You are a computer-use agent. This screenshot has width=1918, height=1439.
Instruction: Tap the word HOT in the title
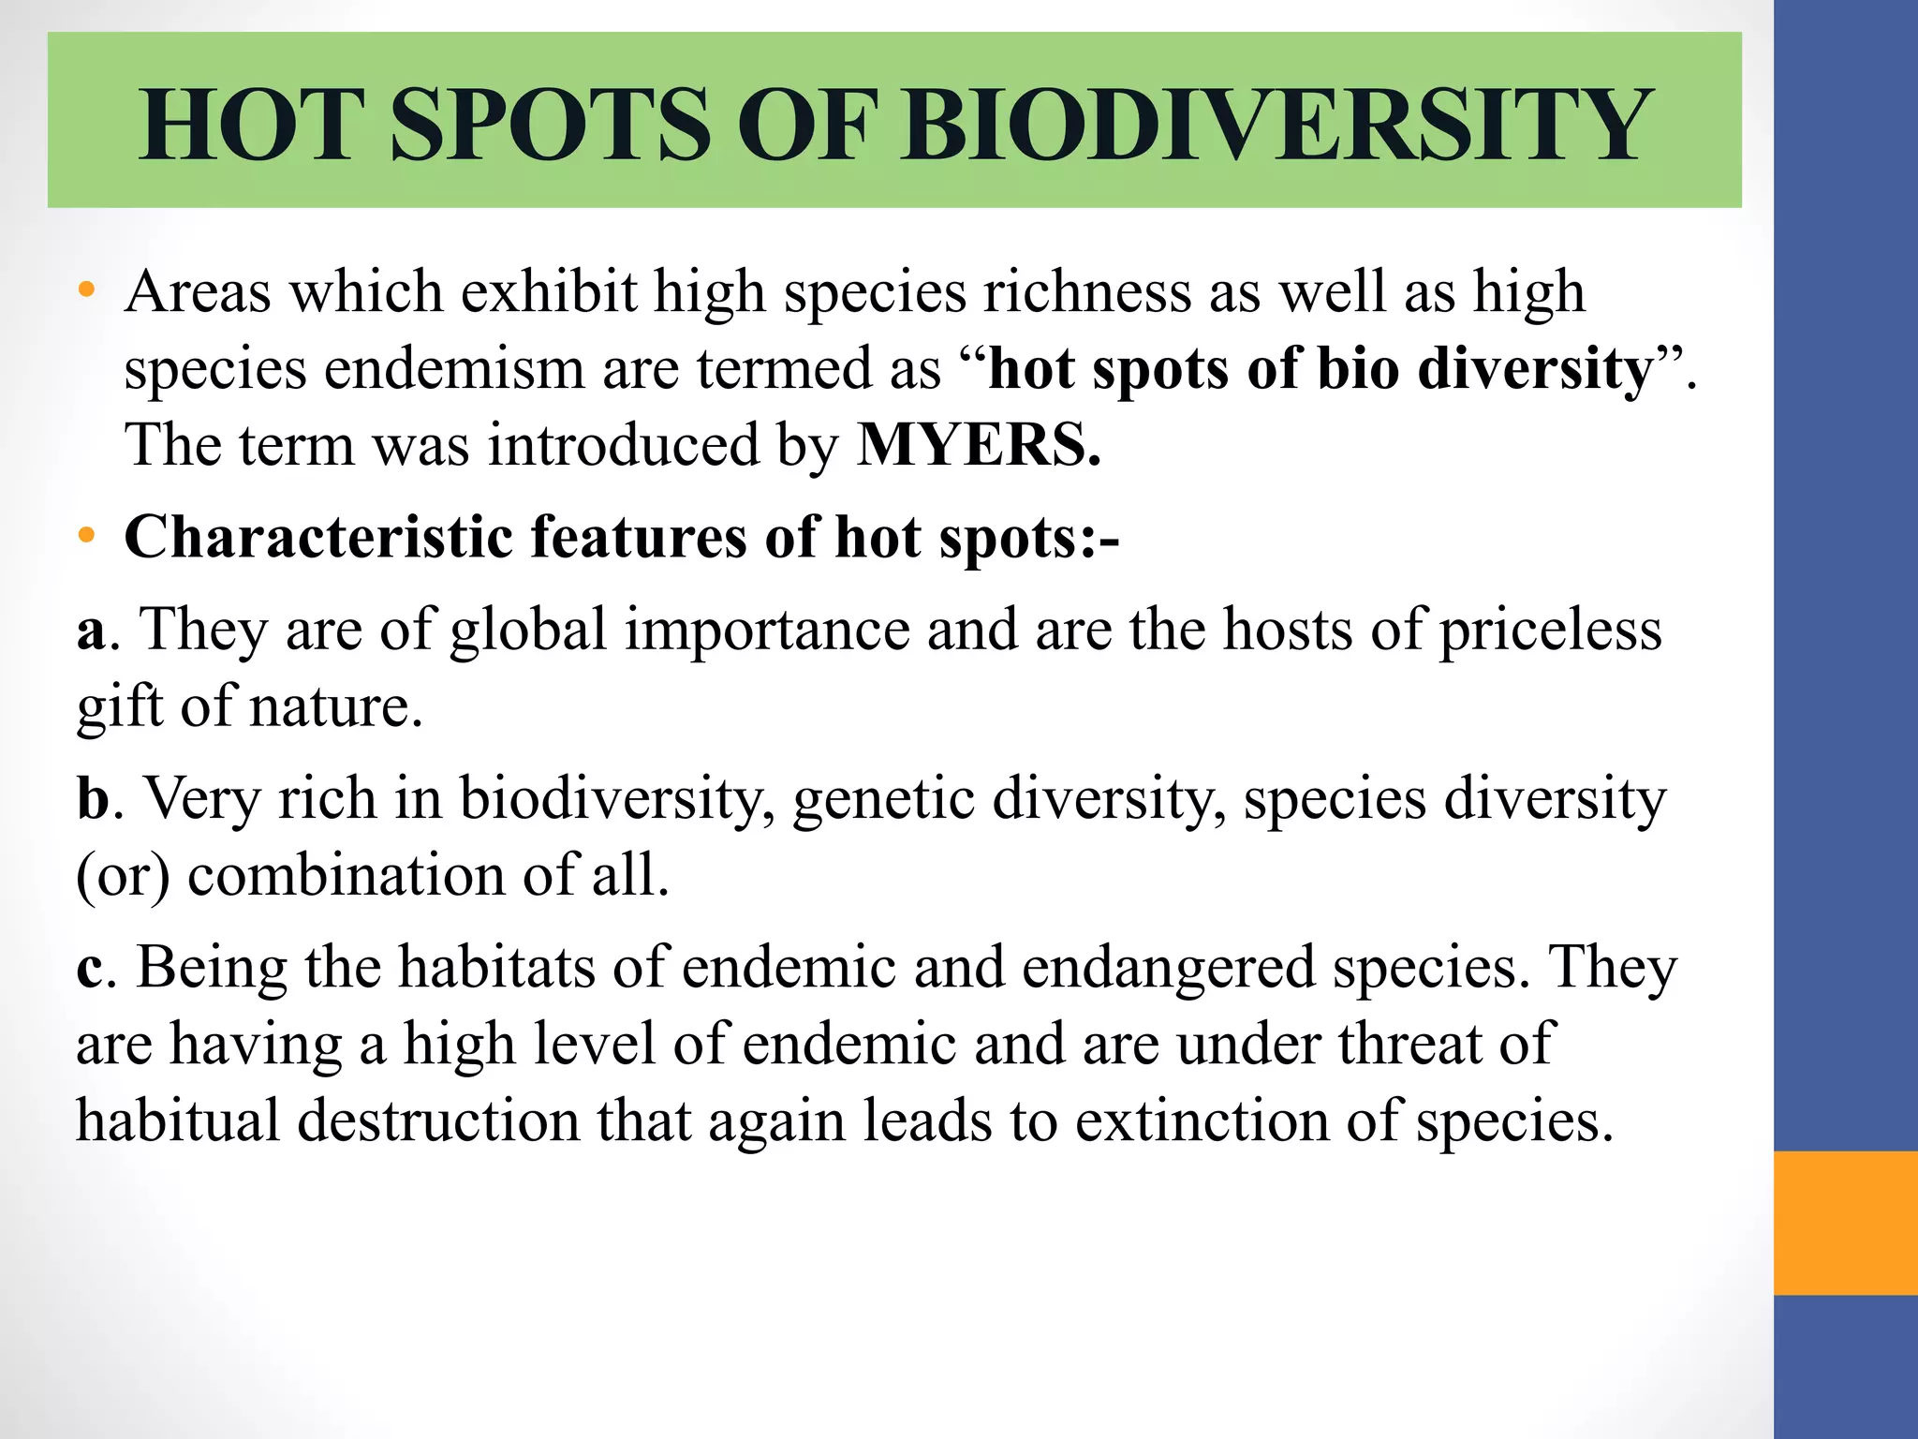click(x=250, y=125)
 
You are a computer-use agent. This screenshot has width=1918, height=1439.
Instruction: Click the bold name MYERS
click(x=979, y=445)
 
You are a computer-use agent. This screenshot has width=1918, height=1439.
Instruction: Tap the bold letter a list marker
click(x=91, y=630)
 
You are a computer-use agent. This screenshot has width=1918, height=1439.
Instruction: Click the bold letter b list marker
click(x=93, y=798)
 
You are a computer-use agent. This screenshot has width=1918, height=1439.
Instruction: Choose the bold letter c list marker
click(x=89, y=968)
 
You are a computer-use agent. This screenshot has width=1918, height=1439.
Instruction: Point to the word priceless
click(x=1550, y=630)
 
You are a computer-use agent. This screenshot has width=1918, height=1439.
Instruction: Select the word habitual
click(x=178, y=1120)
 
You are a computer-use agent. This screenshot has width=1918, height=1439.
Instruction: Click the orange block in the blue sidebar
click(x=1845, y=1223)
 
